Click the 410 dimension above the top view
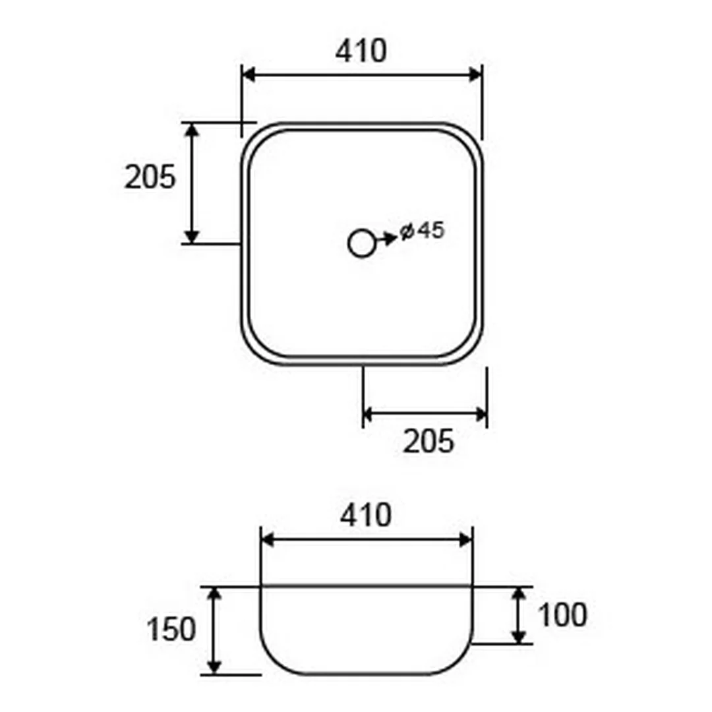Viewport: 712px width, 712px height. click(x=361, y=51)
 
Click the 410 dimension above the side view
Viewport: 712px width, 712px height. click(x=365, y=516)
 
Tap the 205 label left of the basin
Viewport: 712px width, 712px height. click(x=150, y=177)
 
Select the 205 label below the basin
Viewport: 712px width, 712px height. click(x=429, y=441)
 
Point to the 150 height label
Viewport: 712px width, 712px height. click(x=171, y=630)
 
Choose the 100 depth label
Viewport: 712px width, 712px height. click(x=562, y=615)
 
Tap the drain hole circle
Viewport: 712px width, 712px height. click(x=361, y=243)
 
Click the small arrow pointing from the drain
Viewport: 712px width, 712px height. click(x=386, y=238)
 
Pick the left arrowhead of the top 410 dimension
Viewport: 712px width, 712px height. click(x=249, y=74)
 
